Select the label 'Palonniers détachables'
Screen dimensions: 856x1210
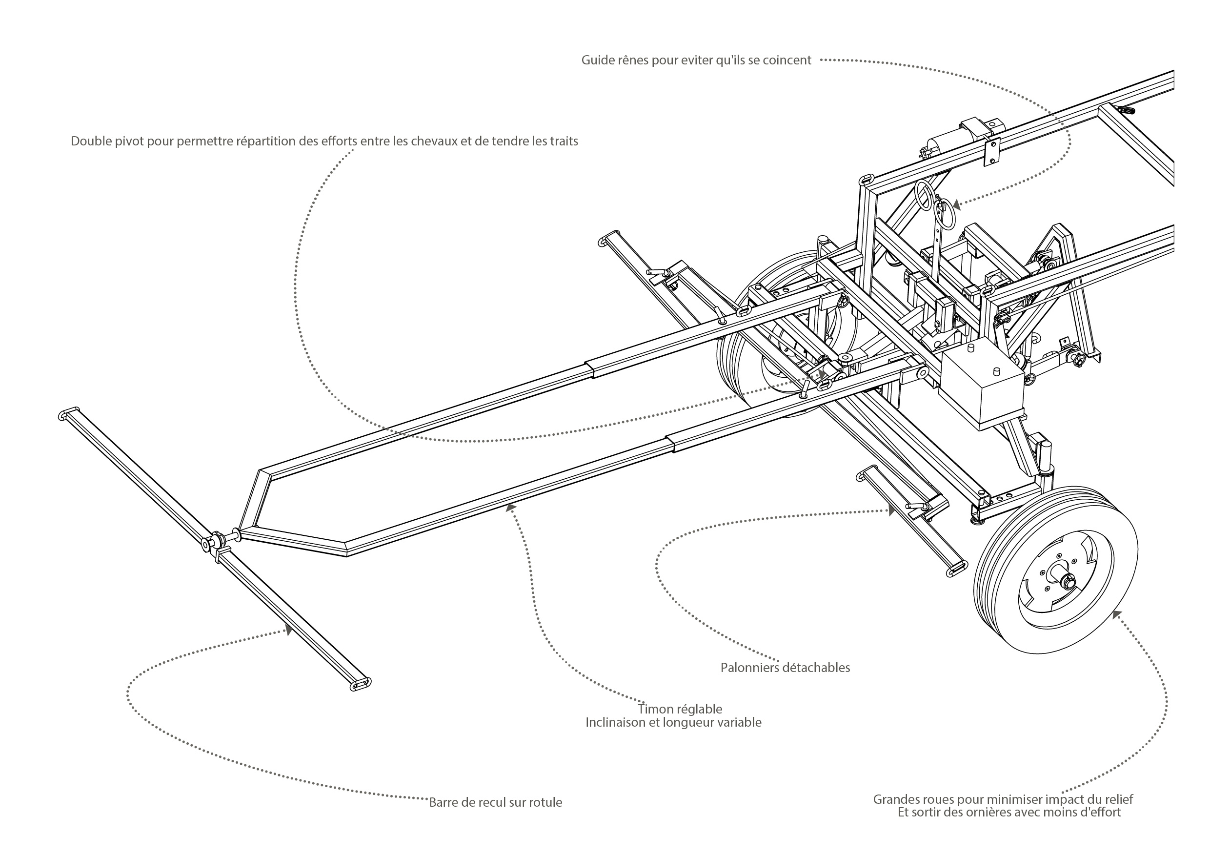coord(785,668)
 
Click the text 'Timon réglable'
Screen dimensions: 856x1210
coord(680,709)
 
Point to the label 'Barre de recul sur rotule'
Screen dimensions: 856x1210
coord(495,802)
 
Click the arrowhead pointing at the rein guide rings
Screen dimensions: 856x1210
coord(956,204)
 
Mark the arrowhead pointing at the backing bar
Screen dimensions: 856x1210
coord(288,631)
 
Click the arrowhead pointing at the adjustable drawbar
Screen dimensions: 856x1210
coord(509,507)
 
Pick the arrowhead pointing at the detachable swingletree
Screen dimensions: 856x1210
coord(890,510)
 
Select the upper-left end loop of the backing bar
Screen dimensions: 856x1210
coord(68,413)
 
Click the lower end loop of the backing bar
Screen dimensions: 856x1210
coord(361,684)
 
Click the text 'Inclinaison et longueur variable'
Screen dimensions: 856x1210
coord(673,722)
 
